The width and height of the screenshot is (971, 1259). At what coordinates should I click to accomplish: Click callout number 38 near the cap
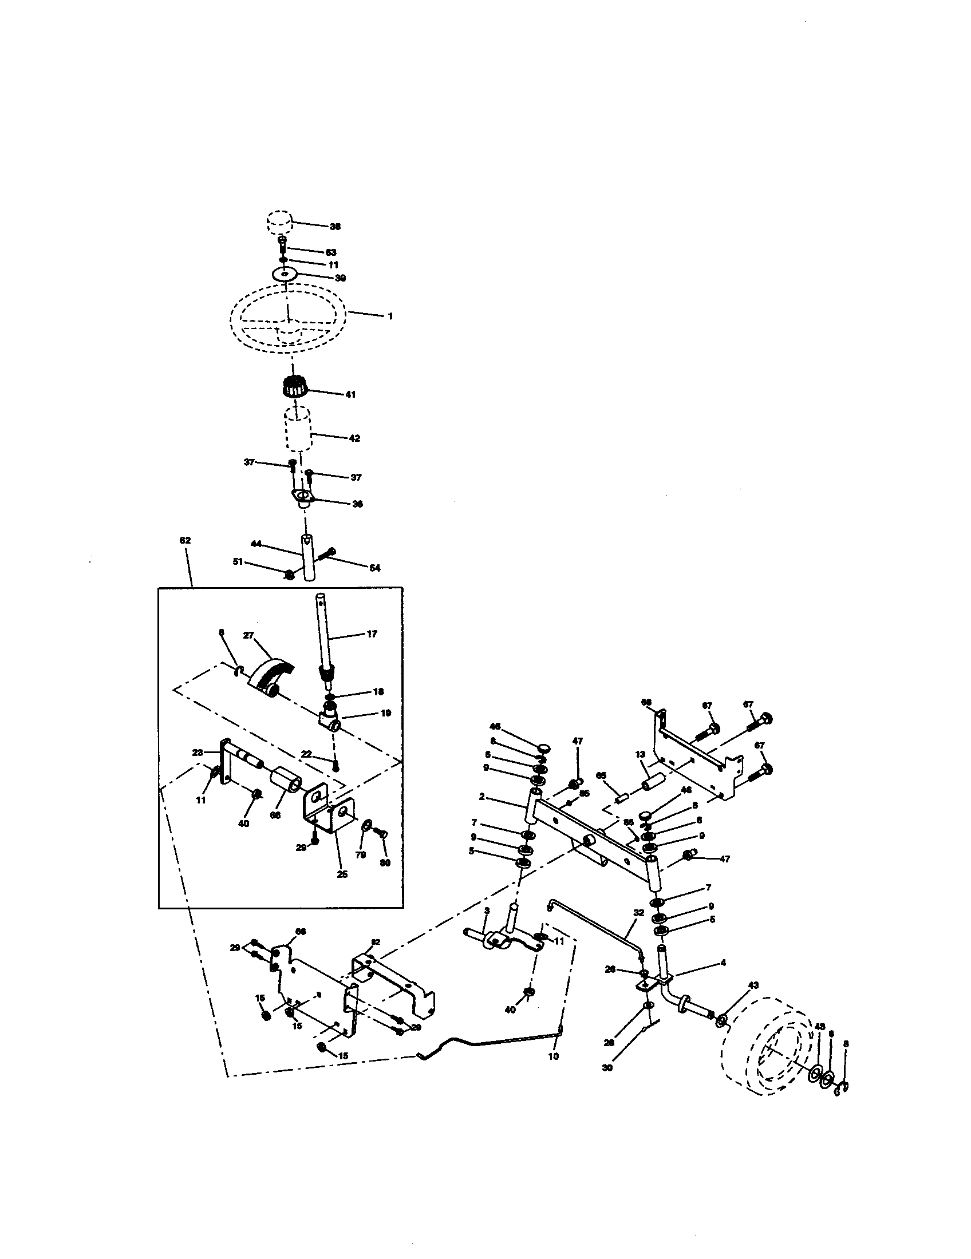335,227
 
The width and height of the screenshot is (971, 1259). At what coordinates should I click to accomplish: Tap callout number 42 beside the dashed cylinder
354,438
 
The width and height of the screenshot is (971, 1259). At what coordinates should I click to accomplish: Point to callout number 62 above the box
185,541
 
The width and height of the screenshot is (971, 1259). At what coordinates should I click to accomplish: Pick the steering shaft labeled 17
322,634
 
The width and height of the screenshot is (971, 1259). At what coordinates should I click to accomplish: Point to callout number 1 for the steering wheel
390,316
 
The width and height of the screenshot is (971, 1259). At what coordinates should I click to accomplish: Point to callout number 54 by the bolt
375,568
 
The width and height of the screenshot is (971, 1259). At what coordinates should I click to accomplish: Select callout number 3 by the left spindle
487,910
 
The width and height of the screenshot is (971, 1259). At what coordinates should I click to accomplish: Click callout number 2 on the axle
481,797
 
